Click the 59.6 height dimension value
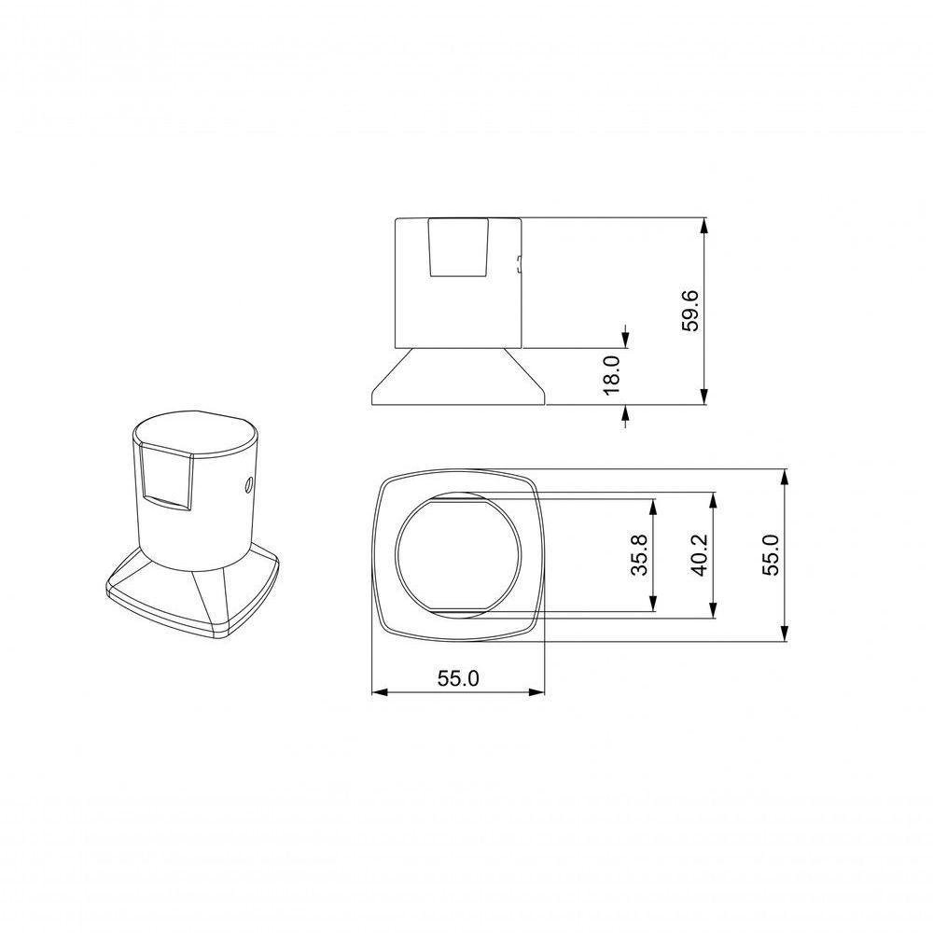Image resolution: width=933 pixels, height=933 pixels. point(690,312)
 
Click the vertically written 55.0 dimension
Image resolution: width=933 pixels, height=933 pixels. point(771,554)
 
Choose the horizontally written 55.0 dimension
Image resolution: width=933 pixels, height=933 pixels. point(457,679)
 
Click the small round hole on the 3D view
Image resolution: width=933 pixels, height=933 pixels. point(248,484)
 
